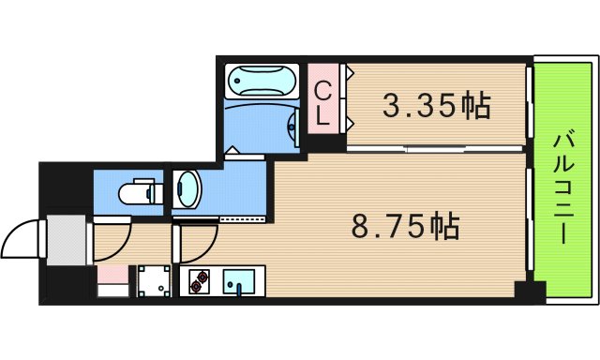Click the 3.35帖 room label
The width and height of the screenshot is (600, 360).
tap(436, 106)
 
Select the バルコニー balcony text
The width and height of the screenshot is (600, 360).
tap(562, 187)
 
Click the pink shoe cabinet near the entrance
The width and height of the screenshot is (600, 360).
tap(112, 275)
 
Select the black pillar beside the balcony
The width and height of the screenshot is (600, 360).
tap(531, 292)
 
